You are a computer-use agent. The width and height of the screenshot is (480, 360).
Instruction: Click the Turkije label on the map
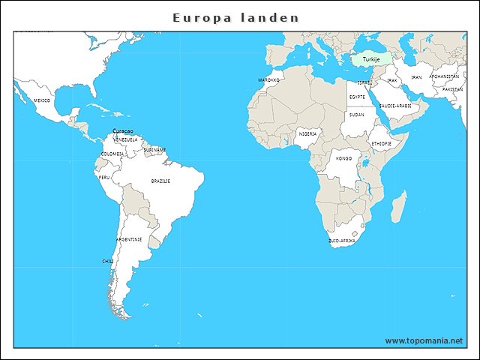tap(370, 59)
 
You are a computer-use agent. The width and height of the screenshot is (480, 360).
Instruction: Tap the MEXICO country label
tap(42, 100)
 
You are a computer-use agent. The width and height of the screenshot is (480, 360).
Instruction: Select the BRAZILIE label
tap(160, 181)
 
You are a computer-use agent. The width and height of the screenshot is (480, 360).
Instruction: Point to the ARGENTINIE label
tap(129, 239)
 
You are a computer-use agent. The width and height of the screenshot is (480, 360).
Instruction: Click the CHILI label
tap(108, 261)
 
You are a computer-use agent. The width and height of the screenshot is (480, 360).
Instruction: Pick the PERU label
tap(104, 178)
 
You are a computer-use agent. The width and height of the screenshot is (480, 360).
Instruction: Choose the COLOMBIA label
tap(112, 154)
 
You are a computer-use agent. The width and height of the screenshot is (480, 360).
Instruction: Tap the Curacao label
tap(123, 131)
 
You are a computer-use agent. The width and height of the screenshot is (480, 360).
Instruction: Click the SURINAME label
tap(155, 150)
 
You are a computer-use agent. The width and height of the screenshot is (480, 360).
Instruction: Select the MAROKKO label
tap(268, 79)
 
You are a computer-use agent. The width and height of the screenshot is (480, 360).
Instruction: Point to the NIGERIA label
tap(307, 133)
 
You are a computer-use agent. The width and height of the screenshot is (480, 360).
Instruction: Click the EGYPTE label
tap(357, 97)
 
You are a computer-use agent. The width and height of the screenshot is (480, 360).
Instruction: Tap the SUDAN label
tap(357, 115)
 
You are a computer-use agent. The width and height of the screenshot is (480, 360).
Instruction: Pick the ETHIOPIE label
tap(381, 143)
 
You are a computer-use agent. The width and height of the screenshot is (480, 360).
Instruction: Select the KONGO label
tap(343, 159)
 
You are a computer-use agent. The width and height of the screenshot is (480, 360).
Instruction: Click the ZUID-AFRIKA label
tap(342, 241)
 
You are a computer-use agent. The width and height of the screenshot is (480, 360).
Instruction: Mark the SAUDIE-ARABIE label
tap(395, 106)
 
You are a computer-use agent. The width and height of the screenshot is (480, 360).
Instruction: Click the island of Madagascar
tap(399, 205)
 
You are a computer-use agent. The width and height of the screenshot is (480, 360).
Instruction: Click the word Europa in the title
tap(197, 17)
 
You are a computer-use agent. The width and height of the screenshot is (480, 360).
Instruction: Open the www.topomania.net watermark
tap(424, 340)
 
